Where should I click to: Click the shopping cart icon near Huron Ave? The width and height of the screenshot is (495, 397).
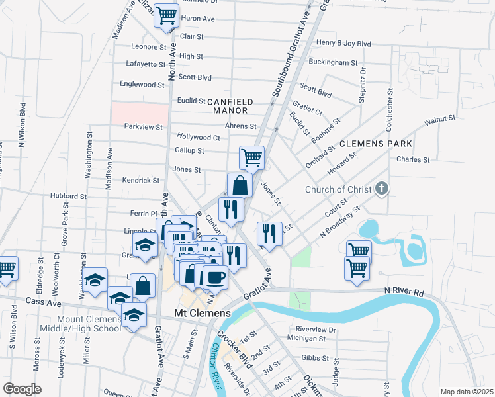[x=165, y=15]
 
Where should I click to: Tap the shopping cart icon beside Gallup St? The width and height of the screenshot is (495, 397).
[x=251, y=158]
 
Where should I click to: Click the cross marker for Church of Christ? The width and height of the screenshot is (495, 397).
[x=381, y=189]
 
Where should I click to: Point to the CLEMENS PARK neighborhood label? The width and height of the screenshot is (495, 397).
[x=376, y=144]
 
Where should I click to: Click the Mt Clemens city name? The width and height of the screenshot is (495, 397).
[x=202, y=313]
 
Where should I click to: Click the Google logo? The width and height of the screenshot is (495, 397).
[x=22, y=389]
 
